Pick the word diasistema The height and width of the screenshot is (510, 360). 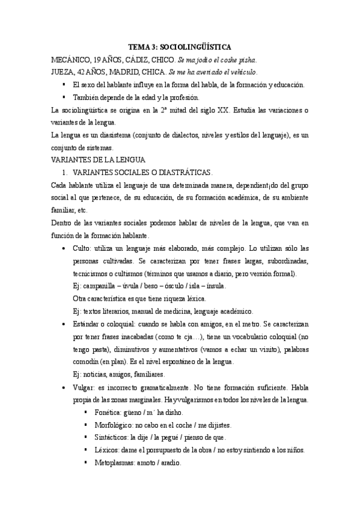coord(111,135)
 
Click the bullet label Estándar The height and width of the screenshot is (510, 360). coord(88,323)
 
